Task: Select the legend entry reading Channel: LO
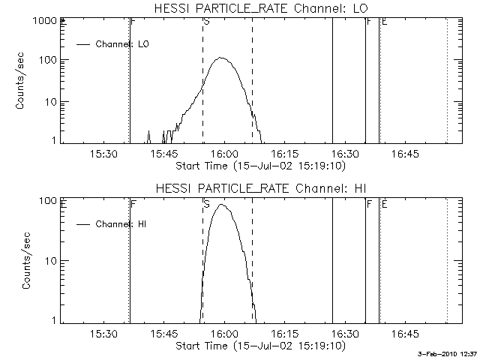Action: pyautogui.click(x=124, y=44)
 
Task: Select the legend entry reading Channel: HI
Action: pyautogui.click(x=124, y=223)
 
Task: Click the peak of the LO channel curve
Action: pyautogui.click(x=221, y=58)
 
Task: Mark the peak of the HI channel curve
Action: pyautogui.click(x=221, y=204)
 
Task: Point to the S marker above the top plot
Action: pyautogui.click(x=206, y=22)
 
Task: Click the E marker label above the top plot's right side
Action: pyautogui.click(x=384, y=22)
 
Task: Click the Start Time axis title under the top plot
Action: pyautogui.click(x=259, y=165)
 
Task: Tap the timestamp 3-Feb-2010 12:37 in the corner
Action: pyautogui.click(x=448, y=353)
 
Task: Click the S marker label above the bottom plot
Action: pyautogui.click(x=206, y=203)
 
